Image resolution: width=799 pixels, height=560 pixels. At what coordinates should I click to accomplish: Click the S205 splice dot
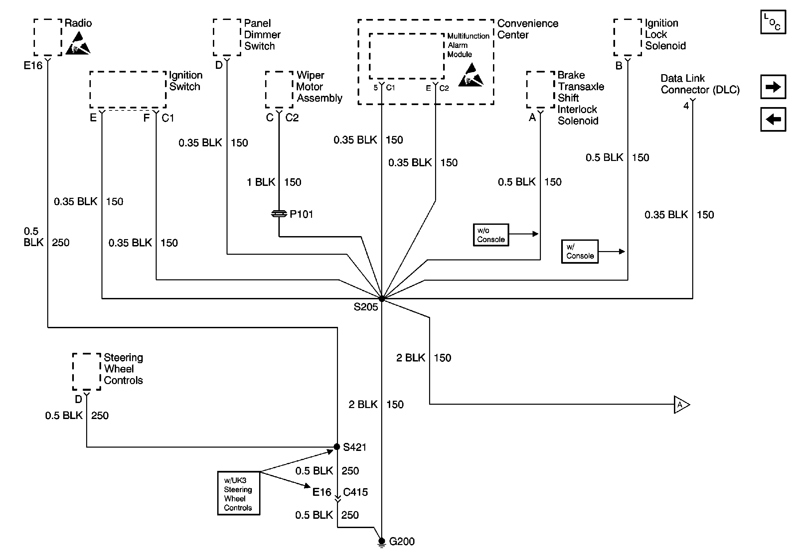coord(382,298)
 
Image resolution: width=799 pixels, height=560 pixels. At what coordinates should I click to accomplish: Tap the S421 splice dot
coord(337,447)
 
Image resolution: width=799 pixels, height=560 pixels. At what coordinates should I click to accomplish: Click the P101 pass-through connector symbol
coord(279,213)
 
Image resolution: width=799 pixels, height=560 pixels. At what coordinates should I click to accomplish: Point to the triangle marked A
coord(681,404)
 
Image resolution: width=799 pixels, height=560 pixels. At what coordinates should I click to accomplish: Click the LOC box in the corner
coord(773,22)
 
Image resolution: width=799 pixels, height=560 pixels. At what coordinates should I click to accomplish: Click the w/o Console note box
coord(491,235)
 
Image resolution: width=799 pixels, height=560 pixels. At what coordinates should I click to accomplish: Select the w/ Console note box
coord(579,251)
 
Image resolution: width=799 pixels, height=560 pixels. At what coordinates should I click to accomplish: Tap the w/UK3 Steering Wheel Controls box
coord(239,493)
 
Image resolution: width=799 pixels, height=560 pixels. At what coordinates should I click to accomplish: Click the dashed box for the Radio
coord(48,37)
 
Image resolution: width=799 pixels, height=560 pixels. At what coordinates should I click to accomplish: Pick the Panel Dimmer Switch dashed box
coord(227,37)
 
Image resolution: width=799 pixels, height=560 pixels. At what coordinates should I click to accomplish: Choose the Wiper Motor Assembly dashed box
coord(279,90)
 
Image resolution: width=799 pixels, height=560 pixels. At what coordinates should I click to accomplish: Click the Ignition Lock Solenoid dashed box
coord(627,37)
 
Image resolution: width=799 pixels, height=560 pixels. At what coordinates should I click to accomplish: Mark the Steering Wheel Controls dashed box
coord(86,372)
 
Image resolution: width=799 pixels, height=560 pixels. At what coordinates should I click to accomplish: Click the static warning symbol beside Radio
coord(79,44)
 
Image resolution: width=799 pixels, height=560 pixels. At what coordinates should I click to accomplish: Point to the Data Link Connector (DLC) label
coord(700,84)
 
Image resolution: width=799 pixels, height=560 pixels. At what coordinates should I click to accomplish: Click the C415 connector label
coord(355,492)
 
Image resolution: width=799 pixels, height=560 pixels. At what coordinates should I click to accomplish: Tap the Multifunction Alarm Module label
coord(468,45)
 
